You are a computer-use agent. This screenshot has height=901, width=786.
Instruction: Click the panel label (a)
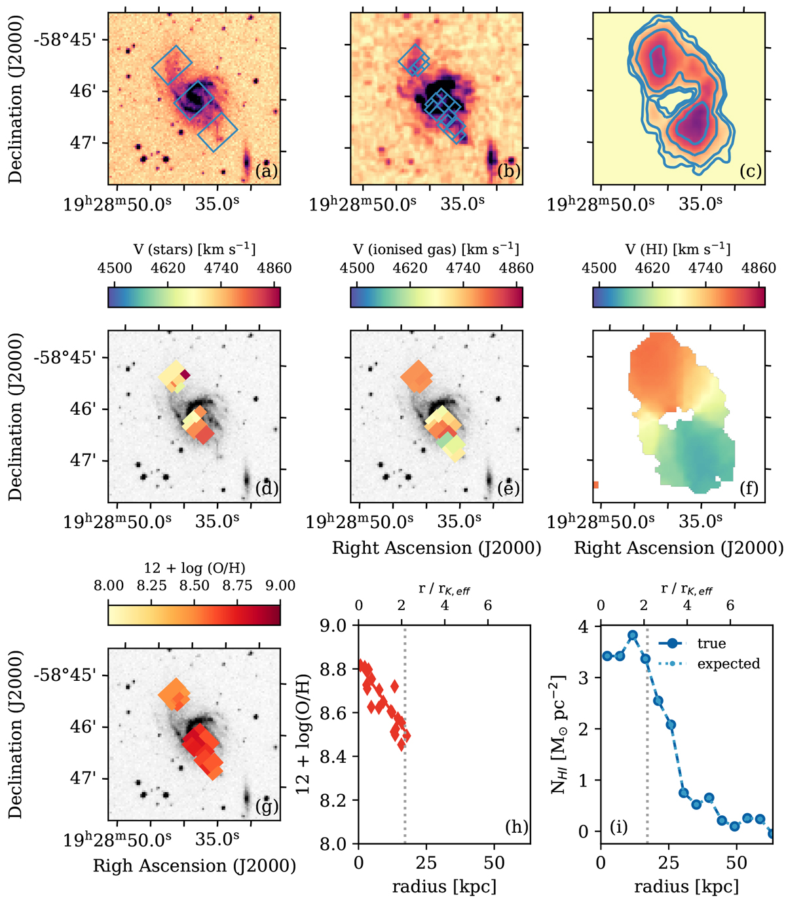click(x=267, y=172)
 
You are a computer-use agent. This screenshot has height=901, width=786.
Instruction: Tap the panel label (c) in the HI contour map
click(x=750, y=172)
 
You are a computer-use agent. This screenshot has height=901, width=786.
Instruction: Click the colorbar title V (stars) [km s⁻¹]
click(x=194, y=249)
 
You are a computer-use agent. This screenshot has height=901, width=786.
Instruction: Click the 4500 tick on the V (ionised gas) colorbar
click(x=358, y=268)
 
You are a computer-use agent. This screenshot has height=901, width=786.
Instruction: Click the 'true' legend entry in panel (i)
click(x=711, y=643)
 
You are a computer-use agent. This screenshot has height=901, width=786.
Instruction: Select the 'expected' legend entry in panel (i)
click(x=728, y=664)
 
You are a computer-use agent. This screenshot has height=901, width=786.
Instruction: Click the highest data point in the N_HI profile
click(x=633, y=636)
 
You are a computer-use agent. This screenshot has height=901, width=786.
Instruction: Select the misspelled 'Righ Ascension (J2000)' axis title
click(x=194, y=866)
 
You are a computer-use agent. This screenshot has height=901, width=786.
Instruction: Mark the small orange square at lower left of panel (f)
click(x=596, y=485)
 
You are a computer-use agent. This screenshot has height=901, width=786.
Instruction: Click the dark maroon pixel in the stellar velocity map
click(x=185, y=374)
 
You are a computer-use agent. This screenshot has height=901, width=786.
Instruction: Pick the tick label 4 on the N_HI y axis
click(x=583, y=627)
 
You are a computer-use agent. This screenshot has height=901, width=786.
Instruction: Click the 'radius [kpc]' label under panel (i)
click(x=686, y=887)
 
